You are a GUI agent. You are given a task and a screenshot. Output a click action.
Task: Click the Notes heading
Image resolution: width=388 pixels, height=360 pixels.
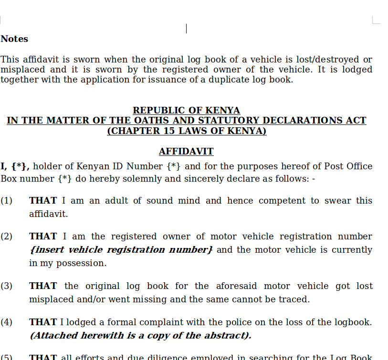[x=14, y=39]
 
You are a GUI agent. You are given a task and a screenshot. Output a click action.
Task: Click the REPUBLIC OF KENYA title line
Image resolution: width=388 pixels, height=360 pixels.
[x=186, y=110]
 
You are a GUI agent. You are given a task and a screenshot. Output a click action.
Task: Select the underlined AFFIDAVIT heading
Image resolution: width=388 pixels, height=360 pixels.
[x=186, y=152]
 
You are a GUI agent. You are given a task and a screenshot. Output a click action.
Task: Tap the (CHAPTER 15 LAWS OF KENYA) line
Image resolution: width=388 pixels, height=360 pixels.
[x=187, y=131]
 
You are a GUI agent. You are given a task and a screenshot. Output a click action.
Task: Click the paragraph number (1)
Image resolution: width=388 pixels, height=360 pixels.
[x=6, y=201]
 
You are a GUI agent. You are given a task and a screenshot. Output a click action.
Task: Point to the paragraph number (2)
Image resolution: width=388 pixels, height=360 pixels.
[x=6, y=237]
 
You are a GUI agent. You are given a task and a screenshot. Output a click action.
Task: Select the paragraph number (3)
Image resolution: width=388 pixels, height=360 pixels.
[x=6, y=286]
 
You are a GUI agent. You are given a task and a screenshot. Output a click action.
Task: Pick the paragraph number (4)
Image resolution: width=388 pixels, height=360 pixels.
[x=6, y=322]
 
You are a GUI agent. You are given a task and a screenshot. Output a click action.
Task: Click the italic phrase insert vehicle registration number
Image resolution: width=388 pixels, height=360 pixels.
[x=121, y=250]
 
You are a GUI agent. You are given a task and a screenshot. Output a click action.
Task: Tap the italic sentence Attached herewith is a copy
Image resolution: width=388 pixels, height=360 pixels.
[x=140, y=336]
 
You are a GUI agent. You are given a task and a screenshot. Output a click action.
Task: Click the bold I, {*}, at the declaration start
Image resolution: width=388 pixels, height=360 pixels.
[x=15, y=166]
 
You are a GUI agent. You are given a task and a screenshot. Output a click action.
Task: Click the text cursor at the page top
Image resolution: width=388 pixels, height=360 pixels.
[x=186, y=29]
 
